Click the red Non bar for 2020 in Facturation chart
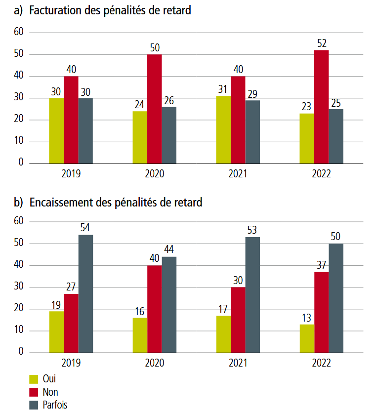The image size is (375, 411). (154, 109)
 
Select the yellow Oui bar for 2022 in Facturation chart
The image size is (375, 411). (307, 138)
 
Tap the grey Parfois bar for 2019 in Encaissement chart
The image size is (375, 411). (85, 293)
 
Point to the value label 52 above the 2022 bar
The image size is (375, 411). (322, 43)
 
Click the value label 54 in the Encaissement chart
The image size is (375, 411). (85, 228)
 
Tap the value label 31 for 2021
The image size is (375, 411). (223, 89)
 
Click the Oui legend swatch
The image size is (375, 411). (34, 379)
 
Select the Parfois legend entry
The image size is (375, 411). (55, 405)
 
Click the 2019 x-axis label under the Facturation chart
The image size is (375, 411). (71, 174)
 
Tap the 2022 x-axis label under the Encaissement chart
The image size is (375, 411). (322, 363)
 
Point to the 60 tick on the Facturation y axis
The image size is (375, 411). (19, 33)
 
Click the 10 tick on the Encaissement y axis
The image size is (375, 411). (19, 330)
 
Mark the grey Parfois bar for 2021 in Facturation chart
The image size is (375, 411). (252, 132)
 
